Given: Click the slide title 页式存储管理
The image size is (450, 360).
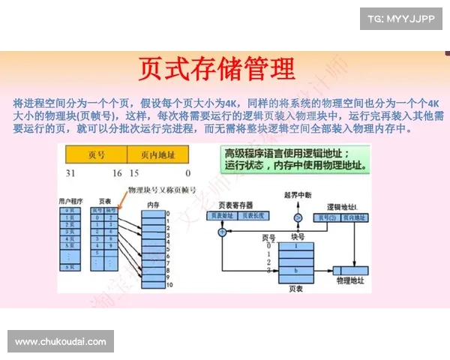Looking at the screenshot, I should tap(217, 69).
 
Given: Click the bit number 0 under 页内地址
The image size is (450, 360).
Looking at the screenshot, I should tap(187, 172).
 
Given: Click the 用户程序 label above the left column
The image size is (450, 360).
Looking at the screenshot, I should tap(72, 202).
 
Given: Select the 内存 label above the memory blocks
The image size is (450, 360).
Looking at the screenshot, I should tap(152, 204).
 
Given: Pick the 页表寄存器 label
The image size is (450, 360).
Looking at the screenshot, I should tap(235, 205).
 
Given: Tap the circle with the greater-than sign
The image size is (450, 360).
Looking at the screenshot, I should tap(298, 217).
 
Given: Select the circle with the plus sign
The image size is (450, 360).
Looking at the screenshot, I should tap(221, 232).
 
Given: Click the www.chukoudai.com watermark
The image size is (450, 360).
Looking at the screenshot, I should tap(60, 342).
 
